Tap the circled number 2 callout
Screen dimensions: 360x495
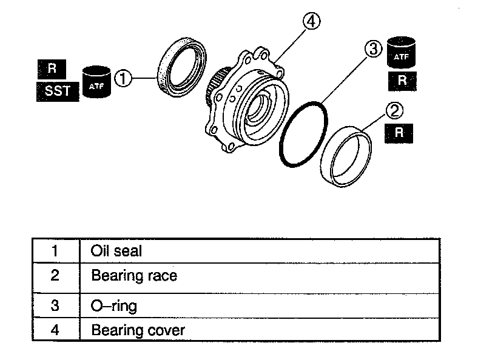[x=394, y=110]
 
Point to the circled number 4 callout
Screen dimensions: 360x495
[x=311, y=22]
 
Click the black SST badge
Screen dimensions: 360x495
[x=58, y=92]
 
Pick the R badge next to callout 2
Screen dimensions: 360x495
[x=399, y=133]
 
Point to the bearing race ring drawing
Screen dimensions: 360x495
[x=347, y=159]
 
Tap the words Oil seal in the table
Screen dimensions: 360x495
[x=116, y=250]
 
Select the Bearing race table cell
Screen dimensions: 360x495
[x=134, y=276]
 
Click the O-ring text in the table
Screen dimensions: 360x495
[x=114, y=305]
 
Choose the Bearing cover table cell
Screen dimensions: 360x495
[x=138, y=330]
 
